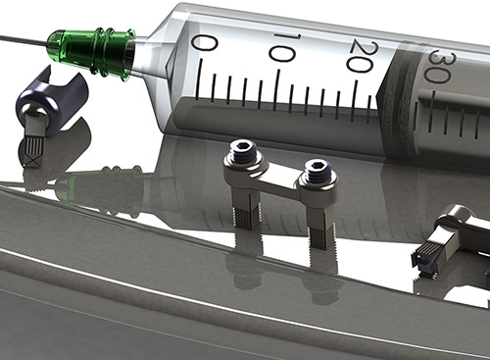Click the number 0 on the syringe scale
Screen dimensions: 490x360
coord(204,43)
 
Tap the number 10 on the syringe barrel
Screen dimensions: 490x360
coord(281,48)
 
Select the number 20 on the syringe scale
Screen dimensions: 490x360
coord(361,57)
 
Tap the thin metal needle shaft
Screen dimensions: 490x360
coord(24,39)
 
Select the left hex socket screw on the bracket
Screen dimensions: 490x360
coord(243,151)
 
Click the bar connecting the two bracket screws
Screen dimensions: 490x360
coord(280,180)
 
